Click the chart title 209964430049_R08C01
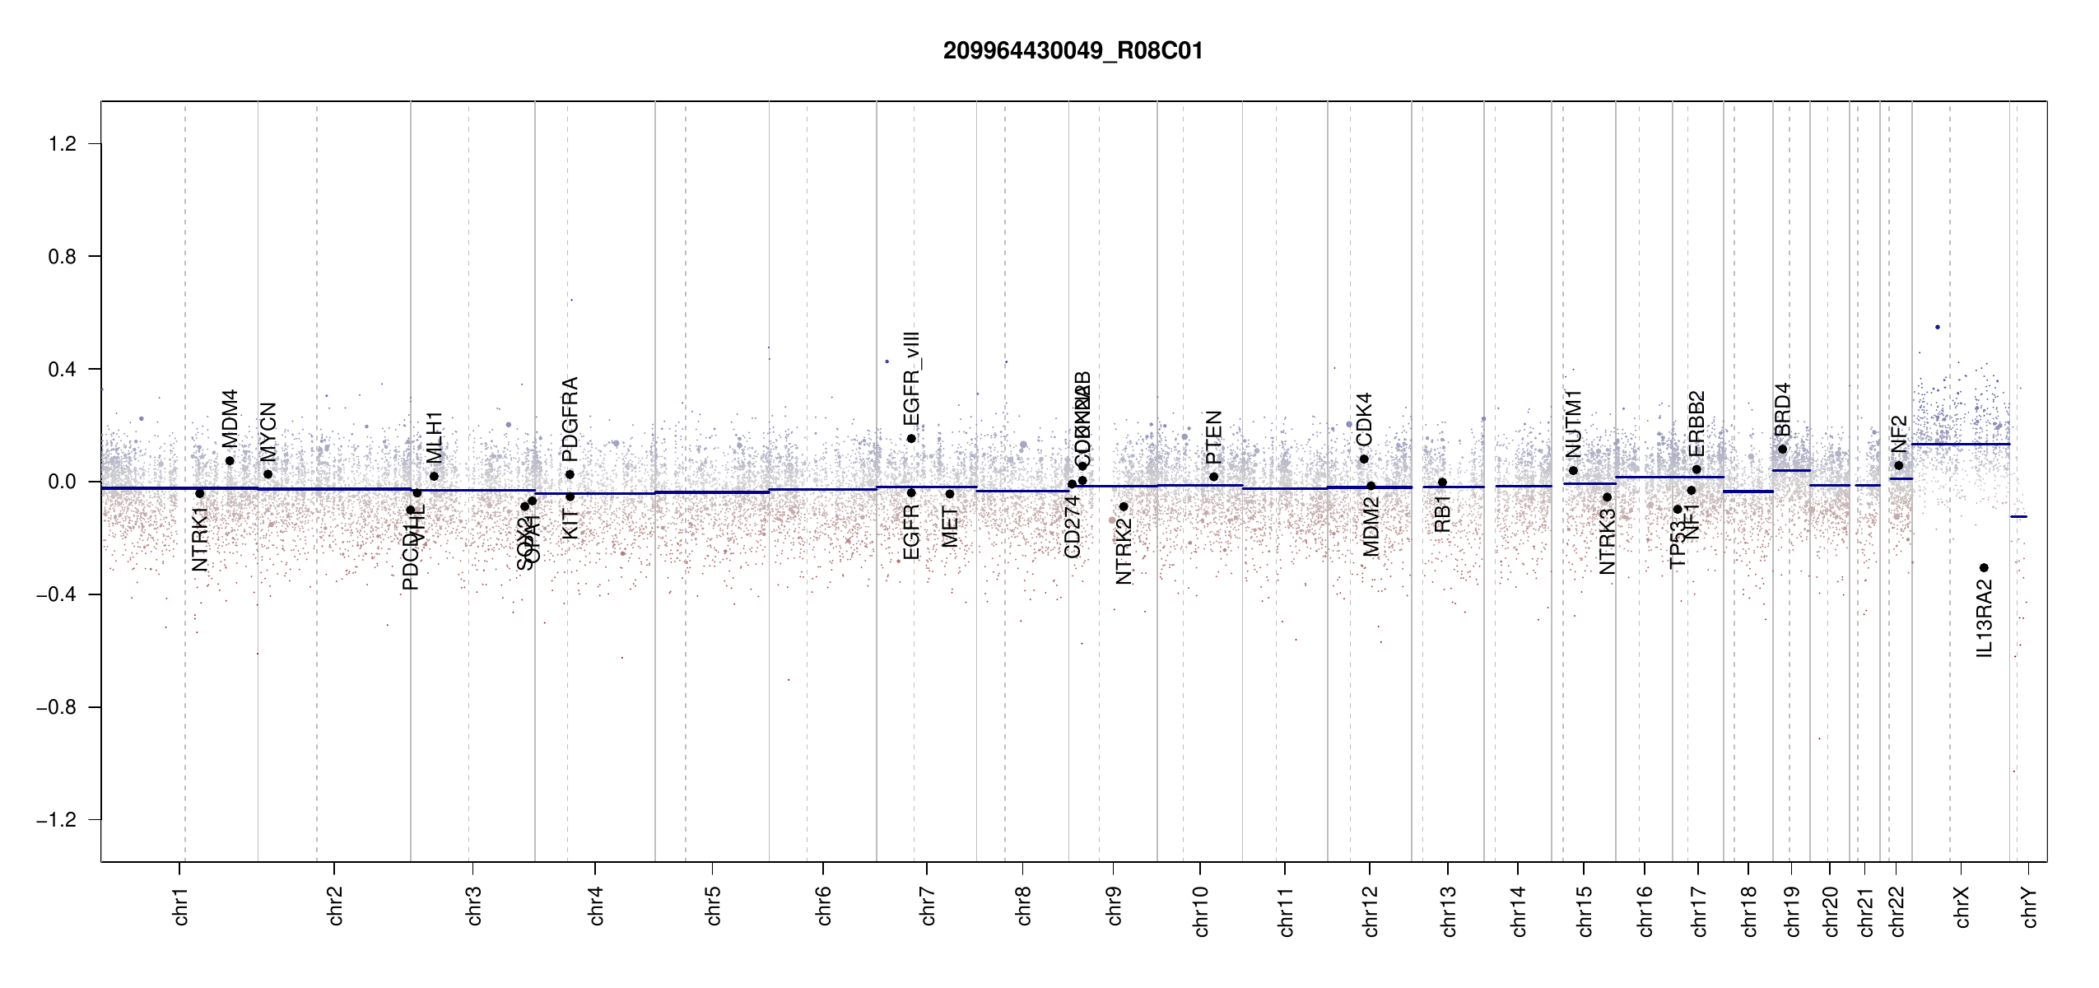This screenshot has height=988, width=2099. coord(1073,51)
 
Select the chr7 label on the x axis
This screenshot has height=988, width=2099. coord(928,906)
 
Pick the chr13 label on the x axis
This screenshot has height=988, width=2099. coord(1449,911)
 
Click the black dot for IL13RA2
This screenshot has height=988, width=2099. coord(1984,568)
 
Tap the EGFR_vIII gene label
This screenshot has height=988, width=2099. coord(911,379)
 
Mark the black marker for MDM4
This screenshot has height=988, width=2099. coord(230,461)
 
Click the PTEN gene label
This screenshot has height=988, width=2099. coord(1213,438)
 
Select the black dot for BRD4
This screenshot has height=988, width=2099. coord(1782,450)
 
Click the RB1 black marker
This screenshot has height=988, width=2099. coord(1442,482)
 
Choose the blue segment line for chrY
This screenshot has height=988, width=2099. coord(2018,517)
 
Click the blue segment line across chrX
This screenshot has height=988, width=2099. coord(1960,445)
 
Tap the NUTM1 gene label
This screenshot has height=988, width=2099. coord(1573,424)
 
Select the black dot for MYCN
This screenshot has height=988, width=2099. coord(268,474)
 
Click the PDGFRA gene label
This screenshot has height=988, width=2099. coord(570,419)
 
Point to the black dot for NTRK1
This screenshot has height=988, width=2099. coord(199,494)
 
